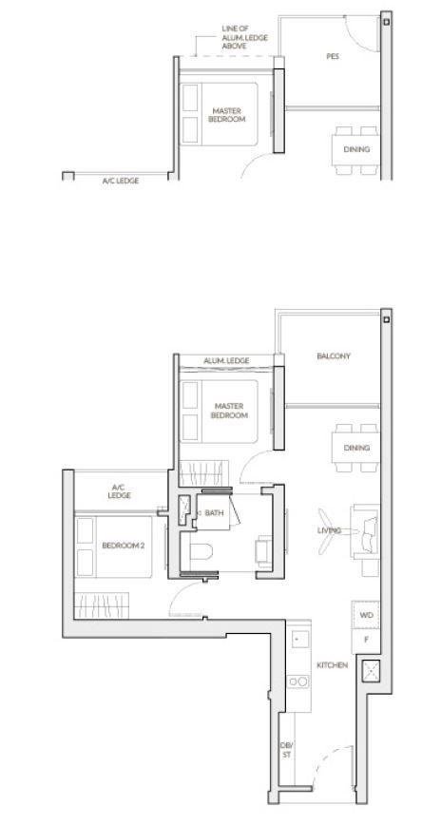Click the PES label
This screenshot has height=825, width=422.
[333, 56]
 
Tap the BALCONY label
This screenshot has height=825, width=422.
[333, 356]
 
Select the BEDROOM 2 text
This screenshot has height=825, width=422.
[124, 546]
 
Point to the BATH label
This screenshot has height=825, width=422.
[214, 512]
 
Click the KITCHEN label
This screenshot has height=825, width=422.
[332, 665]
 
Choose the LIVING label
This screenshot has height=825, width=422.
[330, 530]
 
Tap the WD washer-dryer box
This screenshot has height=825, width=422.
[365, 615]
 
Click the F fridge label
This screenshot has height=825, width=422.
[365, 641]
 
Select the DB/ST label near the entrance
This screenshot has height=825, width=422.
[286, 750]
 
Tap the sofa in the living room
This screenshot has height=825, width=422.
[365, 530]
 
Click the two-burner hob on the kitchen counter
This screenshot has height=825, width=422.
[298, 681]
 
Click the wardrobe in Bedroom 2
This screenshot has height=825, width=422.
[102, 605]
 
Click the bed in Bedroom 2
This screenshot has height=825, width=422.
[114, 547]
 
